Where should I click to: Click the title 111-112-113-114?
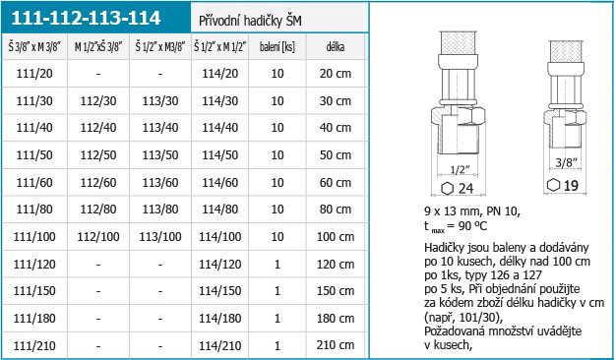(86, 18)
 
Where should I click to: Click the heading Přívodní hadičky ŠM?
(250, 21)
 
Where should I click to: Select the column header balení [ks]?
(277, 47)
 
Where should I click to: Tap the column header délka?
(336, 47)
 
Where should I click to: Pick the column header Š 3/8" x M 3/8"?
(34, 47)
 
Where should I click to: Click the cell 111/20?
(34, 74)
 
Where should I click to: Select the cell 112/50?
(98, 155)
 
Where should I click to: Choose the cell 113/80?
(160, 210)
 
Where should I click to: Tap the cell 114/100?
(220, 237)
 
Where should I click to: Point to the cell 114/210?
(220, 345)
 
